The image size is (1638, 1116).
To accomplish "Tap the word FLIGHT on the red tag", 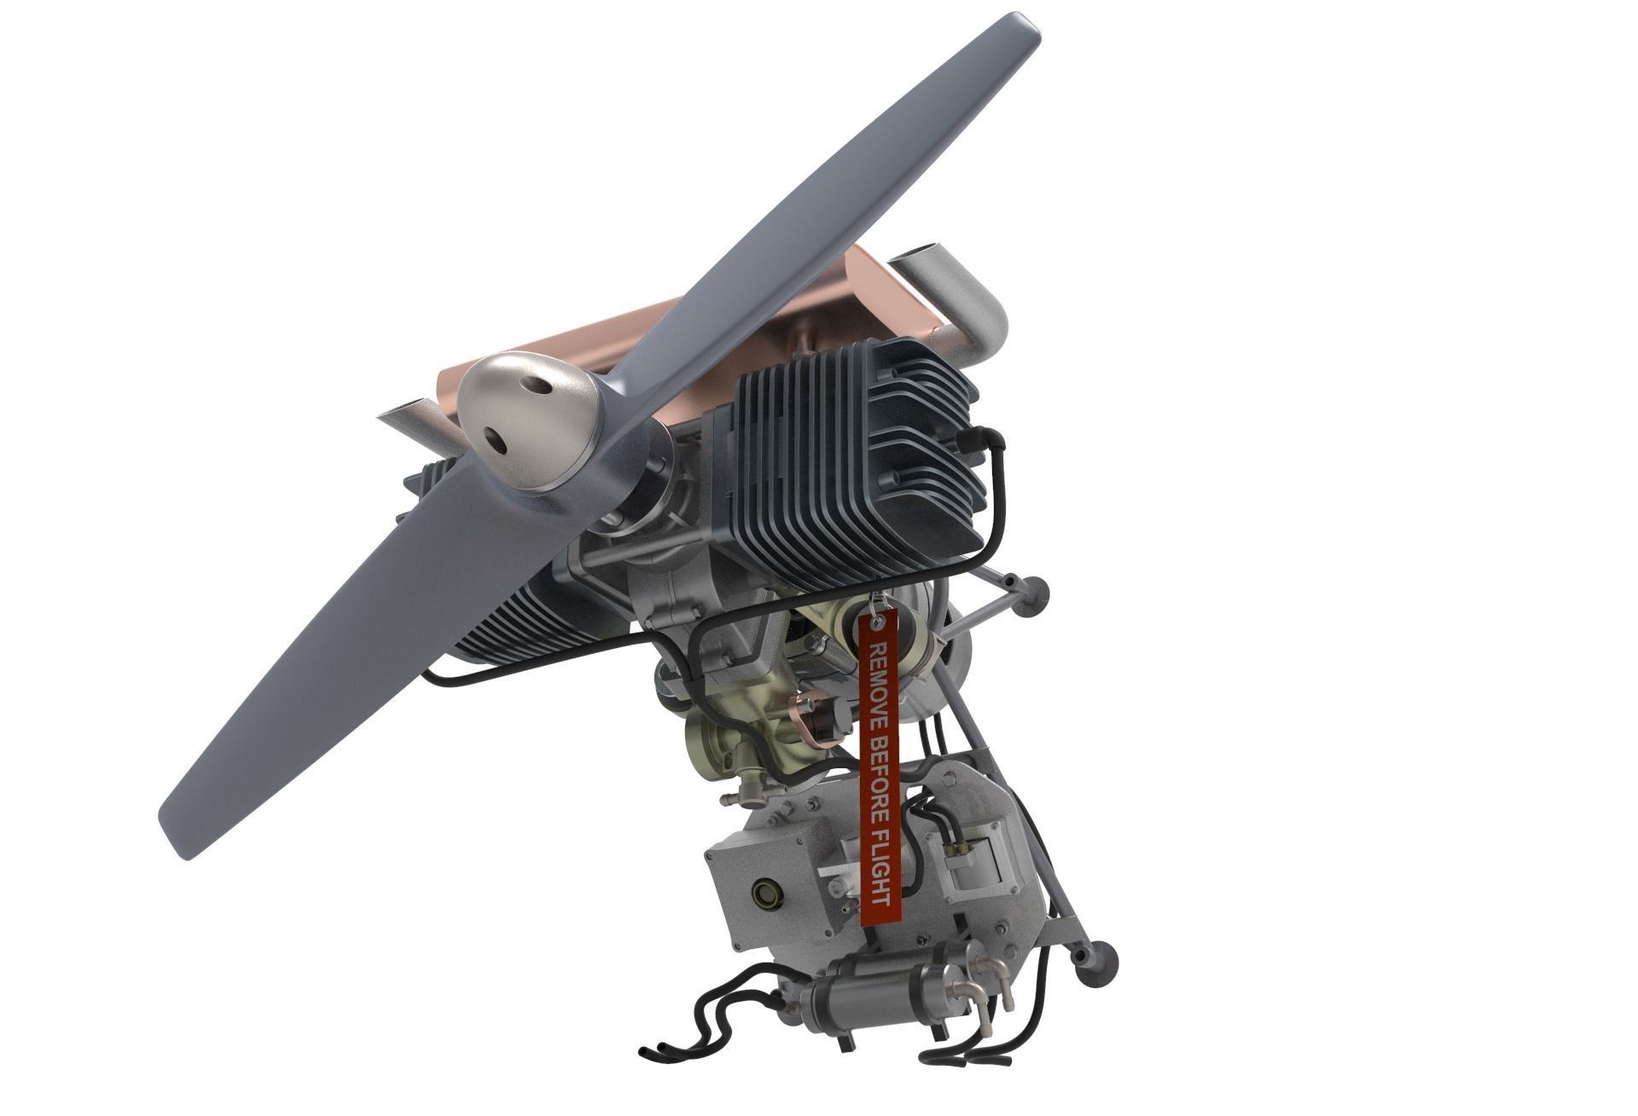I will (x=880, y=870).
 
